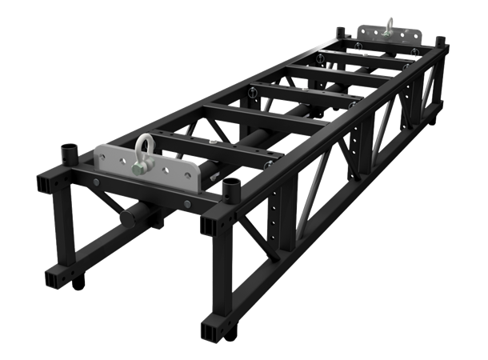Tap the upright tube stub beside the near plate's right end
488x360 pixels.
click(233, 190)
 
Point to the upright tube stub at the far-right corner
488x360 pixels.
click(439, 40)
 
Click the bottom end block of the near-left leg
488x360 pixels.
click(58, 277)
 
